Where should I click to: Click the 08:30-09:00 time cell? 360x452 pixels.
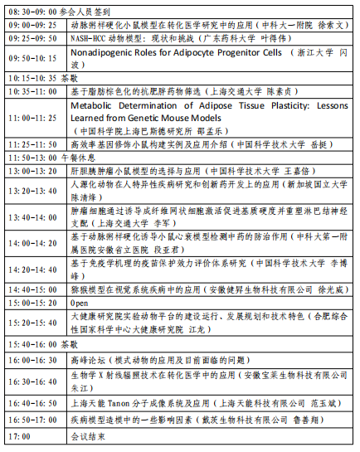tap(32, 13)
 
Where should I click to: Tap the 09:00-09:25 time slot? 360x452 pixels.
tap(32, 26)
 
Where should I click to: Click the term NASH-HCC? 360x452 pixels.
tap(93, 38)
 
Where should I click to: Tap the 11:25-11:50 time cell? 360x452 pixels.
tap(32, 143)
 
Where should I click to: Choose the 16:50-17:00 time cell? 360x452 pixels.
tap(32, 420)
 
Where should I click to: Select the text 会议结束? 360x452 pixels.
tap(85, 435)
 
